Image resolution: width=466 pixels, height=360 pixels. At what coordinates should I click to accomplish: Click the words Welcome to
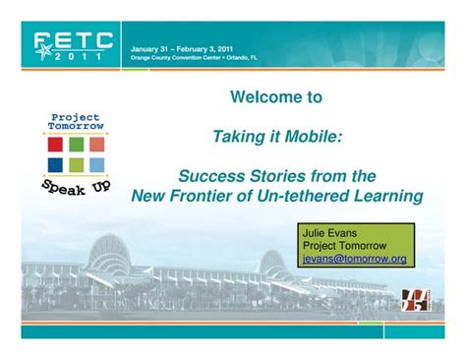[275, 98]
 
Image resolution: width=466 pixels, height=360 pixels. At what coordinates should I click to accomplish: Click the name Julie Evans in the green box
[330, 233]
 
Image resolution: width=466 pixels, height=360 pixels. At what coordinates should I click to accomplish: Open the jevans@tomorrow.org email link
[354, 259]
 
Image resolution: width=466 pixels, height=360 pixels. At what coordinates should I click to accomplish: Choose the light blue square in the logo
[96, 164]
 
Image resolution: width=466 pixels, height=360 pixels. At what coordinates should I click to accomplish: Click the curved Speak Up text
[75, 186]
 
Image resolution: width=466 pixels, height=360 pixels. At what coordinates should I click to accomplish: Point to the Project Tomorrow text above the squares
[75, 123]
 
